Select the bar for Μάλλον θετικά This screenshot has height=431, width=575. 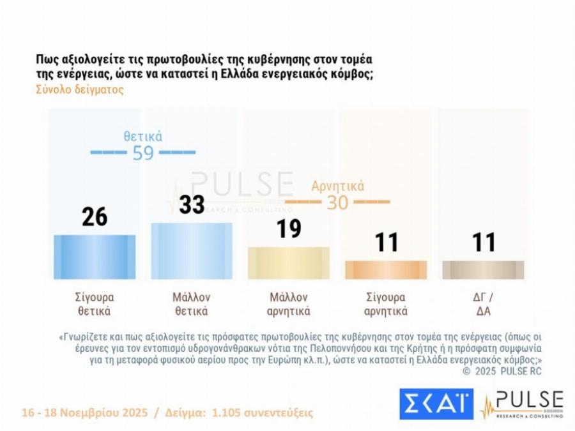191,251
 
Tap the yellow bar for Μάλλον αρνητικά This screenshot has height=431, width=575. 288,263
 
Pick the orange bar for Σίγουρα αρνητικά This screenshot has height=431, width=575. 386,270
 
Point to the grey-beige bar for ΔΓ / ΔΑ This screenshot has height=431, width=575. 483,270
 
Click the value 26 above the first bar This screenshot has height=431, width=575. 95,217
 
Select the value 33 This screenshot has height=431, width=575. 191,204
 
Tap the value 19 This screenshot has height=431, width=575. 288,229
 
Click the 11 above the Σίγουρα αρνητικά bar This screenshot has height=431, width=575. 386,243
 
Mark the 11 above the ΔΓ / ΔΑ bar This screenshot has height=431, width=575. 483,243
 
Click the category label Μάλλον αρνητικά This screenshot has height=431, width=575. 288,305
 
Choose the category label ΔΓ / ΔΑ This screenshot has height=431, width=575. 483,305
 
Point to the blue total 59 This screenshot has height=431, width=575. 143,153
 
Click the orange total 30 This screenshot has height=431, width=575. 337,202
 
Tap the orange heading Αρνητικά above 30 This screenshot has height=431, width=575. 337,186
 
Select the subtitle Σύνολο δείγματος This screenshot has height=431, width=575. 80,89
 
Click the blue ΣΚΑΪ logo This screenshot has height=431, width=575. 436,404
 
